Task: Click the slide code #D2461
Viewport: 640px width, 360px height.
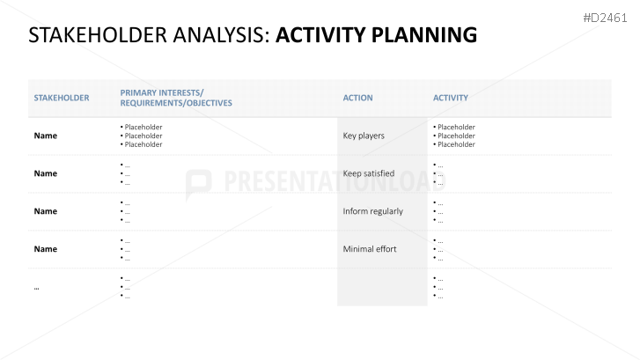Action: pyautogui.click(x=605, y=18)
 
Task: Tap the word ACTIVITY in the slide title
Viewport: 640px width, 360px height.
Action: pyautogui.click(x=321, y=35)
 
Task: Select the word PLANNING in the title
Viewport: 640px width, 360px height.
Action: pyautogui.click(x=424, y=35)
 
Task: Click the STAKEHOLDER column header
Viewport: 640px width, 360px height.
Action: pyautogui.click(x=62, y=98)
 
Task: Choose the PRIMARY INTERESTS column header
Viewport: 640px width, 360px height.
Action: pyautogui.click(x=176, y=98)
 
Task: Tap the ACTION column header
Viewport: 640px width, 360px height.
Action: pyautogui.click(x=357, y=98)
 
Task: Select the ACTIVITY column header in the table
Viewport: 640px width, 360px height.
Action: pyautogui.click(x=450, y=98)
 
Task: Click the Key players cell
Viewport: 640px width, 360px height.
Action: pyautogui.click(x=364, y=136)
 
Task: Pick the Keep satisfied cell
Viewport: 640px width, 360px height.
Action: pyautogui.click(x=368, y=173)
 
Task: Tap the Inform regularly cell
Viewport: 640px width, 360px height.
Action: pyautogui.click(x=372, y=211)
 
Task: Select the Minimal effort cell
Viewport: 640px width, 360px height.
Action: pyautogui.click(x=370, y=249)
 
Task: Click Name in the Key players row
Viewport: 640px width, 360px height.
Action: pyautogui.click(x=45, y=136)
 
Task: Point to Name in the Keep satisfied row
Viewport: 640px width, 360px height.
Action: pyautogui.click(x=45, y=173)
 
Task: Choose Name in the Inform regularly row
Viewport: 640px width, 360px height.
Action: pyautogui.click(x=45, y=211)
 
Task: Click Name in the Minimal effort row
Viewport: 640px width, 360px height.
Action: pyautogui.click(x=45, y=249)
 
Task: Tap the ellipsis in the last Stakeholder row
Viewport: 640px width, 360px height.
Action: pyautogui.click(x=36, y=288)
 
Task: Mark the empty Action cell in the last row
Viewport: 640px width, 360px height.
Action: pyautogui.click(x=382, y=287)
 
